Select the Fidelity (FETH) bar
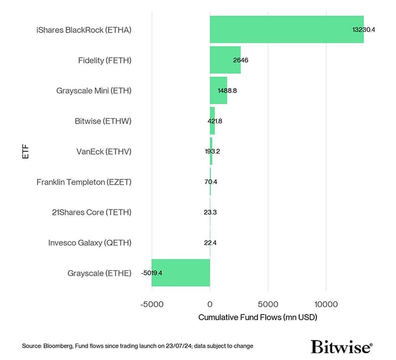(225, 60)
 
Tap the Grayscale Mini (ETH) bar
(218, 91)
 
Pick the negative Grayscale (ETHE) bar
(181, 273)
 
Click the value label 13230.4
(364, 29)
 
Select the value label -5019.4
(156, 273)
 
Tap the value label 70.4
(211, 182)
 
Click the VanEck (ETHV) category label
(104, 152)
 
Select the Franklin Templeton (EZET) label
(84, 182)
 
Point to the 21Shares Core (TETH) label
(91, 212)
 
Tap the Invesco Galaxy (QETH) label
(90, 243)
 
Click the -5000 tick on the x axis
(151, 304)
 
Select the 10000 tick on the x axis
(326, 304)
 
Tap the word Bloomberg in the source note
(57, 345)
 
